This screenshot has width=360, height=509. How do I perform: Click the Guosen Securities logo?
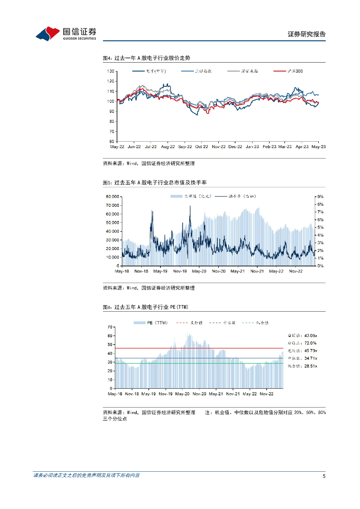tap(66, 33)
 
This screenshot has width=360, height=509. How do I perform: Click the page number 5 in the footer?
tap(324, 476)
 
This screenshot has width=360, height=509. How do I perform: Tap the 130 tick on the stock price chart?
tap(111, 72)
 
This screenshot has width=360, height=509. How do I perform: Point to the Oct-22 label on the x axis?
tap(201, 147)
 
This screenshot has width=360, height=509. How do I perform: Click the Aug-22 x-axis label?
tap(168, 147)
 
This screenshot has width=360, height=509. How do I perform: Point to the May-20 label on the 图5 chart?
tap(199, 271)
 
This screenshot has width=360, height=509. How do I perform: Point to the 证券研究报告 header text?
tap(307, 34)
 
